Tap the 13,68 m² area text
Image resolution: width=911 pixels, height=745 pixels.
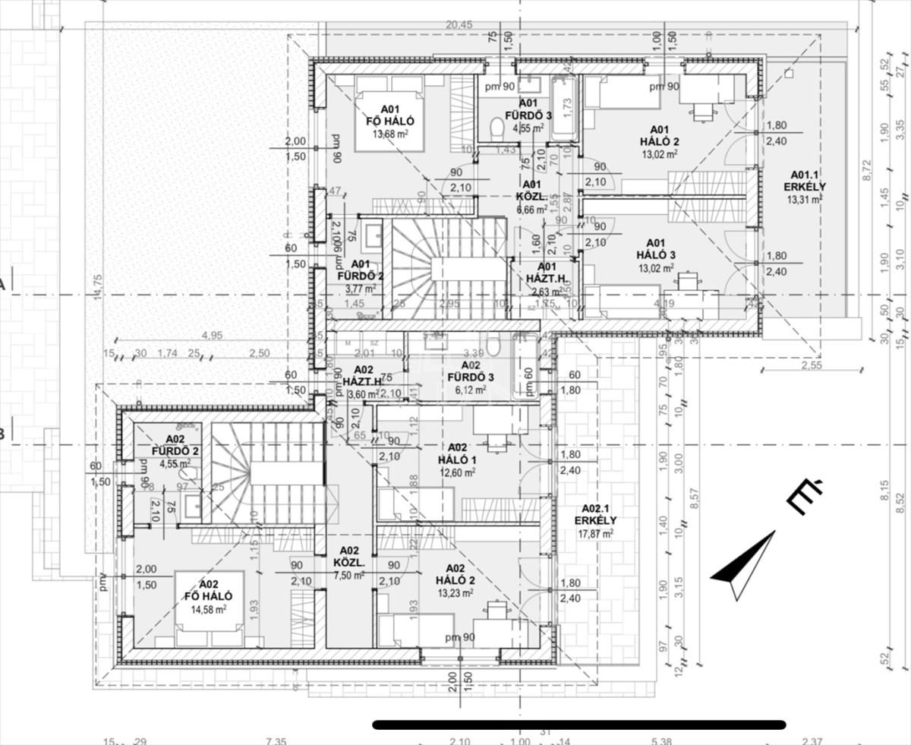390,134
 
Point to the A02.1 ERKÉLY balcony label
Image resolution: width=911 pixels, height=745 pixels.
596,514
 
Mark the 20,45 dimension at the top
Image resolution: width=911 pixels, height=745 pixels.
459,24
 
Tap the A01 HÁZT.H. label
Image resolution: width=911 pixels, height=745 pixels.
546,272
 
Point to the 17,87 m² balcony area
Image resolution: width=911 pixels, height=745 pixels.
596,533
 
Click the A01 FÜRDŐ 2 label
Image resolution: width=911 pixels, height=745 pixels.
360,270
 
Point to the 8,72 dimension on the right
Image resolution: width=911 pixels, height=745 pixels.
867,175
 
